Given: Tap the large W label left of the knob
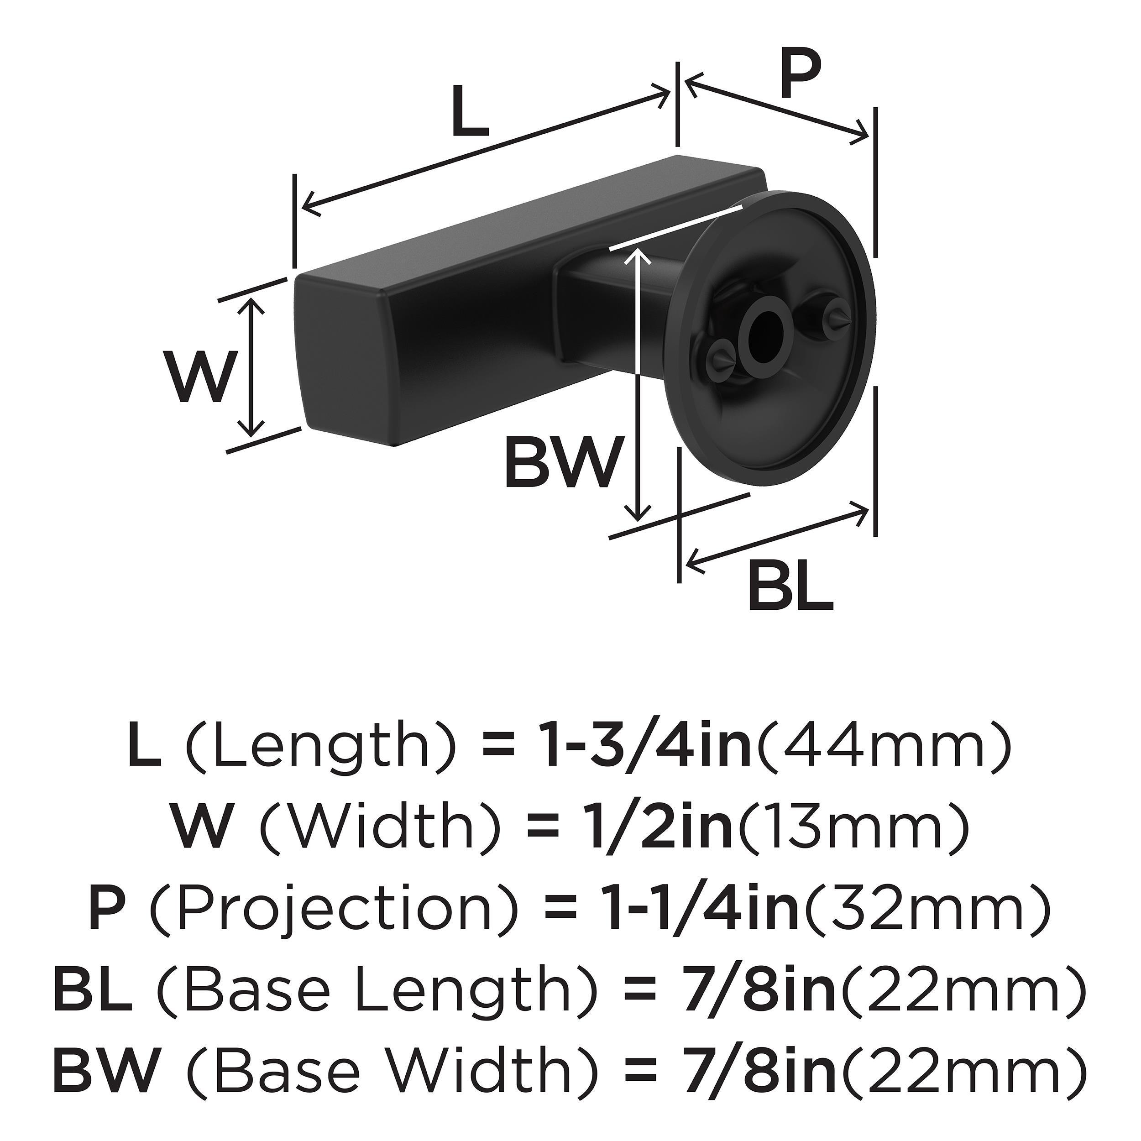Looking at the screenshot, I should tap(199, 376).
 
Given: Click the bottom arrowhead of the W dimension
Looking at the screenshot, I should tap(252, 428).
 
